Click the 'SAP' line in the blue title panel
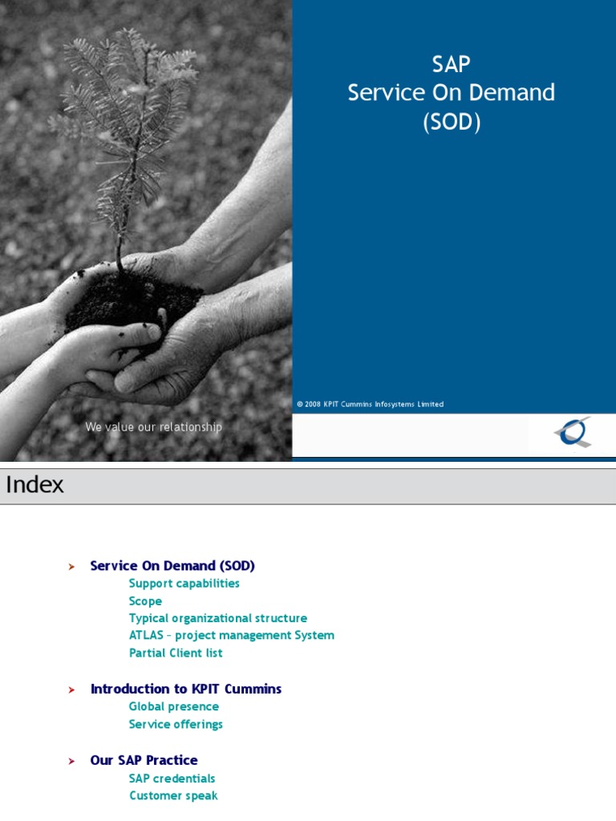tap(451, 63)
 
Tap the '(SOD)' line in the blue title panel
tap(452, 123)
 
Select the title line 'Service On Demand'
tap(451, 93)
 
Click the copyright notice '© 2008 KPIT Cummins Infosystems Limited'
tap(370, 404)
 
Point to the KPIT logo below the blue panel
tap(572, 433)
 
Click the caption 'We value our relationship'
tap(153, 427)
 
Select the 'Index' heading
tap(34, 485)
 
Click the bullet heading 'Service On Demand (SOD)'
tap(172, 566)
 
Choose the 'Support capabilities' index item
tap(184, 584)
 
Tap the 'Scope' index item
tap(145, 601)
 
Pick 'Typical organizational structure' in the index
tap(217, 618)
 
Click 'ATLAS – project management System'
tap(231, 636)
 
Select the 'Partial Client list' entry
tap(176, 653)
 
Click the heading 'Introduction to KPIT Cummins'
tap(186, 689)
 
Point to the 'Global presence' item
tap(173, 706)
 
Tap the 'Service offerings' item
tap(176, 724)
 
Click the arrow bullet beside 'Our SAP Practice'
tap(71, 761)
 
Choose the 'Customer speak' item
tap(173, 795)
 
